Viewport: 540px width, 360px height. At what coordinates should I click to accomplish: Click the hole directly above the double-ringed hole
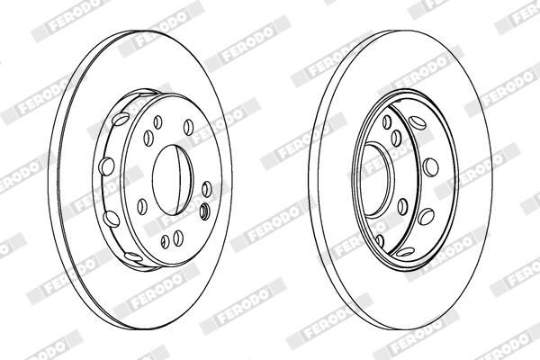coord(206,190)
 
